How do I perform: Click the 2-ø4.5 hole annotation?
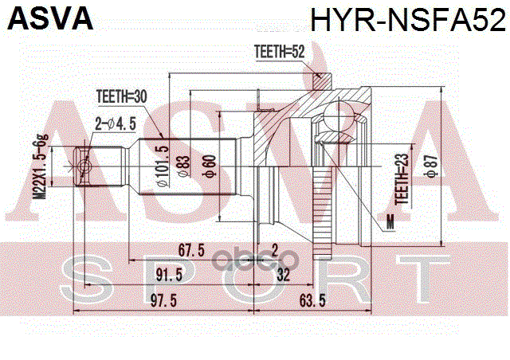point(116,123)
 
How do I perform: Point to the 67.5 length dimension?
point(192,251)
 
